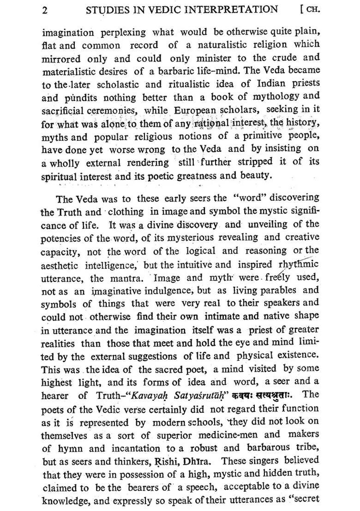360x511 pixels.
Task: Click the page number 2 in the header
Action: coord(45,10)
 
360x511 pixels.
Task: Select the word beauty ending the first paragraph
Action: coord(256,176)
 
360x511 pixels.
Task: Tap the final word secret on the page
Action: coord(303,500)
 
